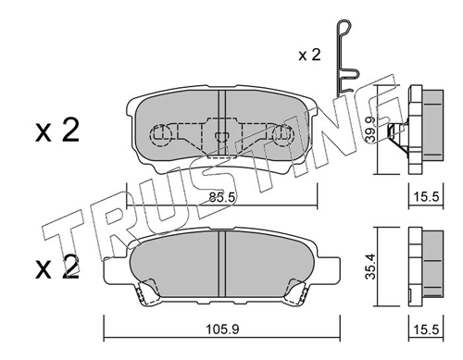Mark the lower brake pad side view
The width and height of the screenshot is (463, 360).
[x=414, y=267]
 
